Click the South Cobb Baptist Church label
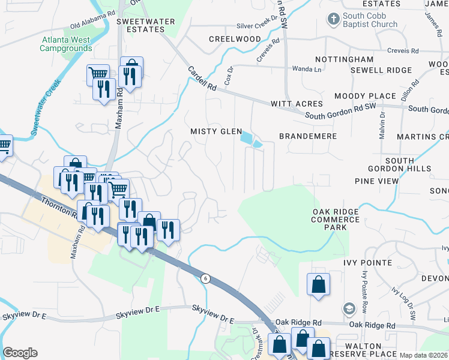370,20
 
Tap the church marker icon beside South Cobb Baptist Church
333,19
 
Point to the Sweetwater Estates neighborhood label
145,26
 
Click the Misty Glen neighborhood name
216,131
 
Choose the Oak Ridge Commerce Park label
336,220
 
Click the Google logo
20,353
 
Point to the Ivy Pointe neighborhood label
367,263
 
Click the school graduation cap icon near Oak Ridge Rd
348,309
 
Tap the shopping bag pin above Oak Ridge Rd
318,284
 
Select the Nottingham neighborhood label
345,60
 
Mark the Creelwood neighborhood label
235,39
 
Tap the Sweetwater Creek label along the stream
46,106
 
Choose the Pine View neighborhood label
376,181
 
